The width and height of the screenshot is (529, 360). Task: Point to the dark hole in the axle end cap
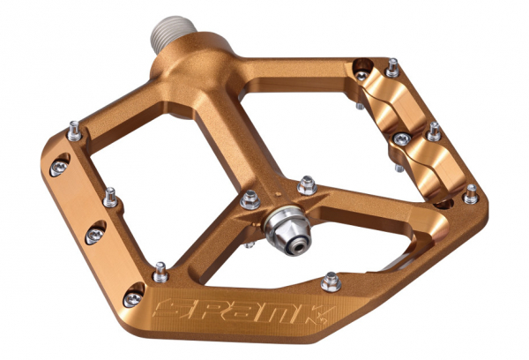[298, 247]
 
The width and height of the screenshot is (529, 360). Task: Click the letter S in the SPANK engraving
[172, 308]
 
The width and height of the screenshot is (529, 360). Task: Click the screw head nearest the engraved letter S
[132, 298]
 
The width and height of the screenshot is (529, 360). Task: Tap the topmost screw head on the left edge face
[59, 167]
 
